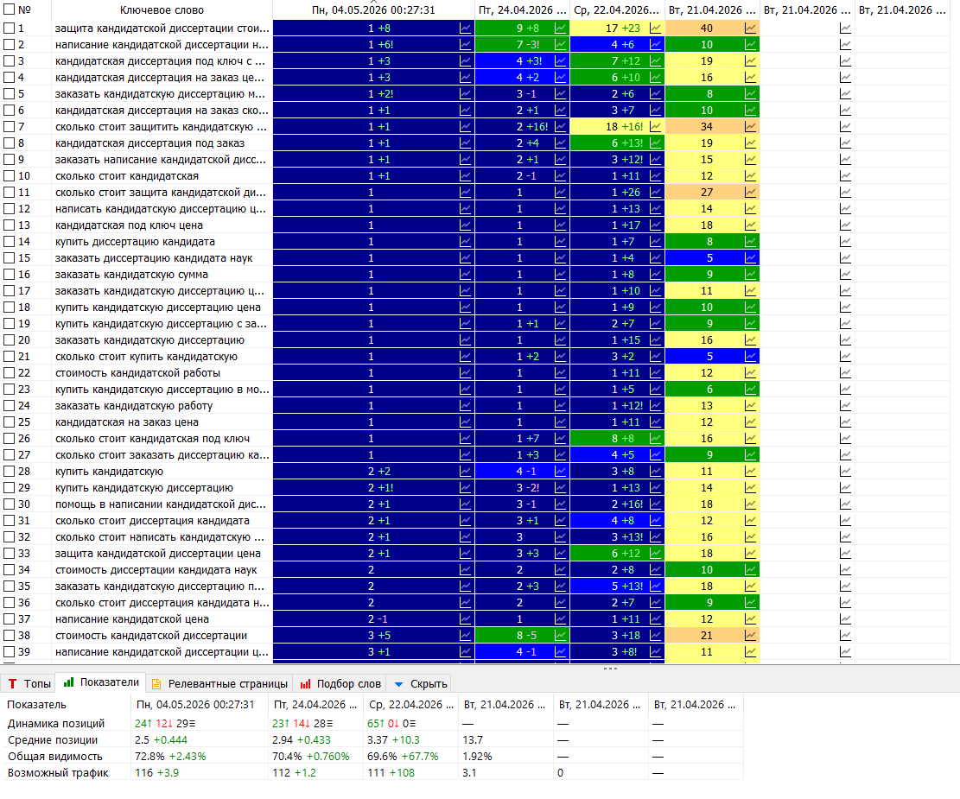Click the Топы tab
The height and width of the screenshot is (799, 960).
click(x=29, y=683)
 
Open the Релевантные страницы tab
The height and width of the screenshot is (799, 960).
click(x=219, y=683)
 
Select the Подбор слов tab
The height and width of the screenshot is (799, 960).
click(x=340, y=683)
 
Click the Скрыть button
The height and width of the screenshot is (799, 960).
click(x=420, y=683)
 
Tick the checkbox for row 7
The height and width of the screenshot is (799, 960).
click(x=10, y=127)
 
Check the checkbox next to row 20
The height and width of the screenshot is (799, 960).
click(x=10, y=339)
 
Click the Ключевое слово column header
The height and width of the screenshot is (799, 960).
click(x=162, y=10)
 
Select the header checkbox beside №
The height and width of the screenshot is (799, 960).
click(x=10, y=10)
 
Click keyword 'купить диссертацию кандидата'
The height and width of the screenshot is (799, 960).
click(x=135, y=241)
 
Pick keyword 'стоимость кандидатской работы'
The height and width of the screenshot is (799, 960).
click(x=137, y=373)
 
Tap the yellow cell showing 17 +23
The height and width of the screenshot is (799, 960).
click(x=617, y=29)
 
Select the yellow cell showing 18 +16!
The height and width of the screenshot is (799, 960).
click(x=617, y=127)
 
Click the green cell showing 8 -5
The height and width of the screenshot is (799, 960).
click(x=522, y=636)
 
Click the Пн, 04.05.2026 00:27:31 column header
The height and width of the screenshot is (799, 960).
click(x=373, y=10)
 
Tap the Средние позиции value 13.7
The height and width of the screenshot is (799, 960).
click(x=473, y=739)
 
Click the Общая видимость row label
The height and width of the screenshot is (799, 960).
click(x=55, y=756)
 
